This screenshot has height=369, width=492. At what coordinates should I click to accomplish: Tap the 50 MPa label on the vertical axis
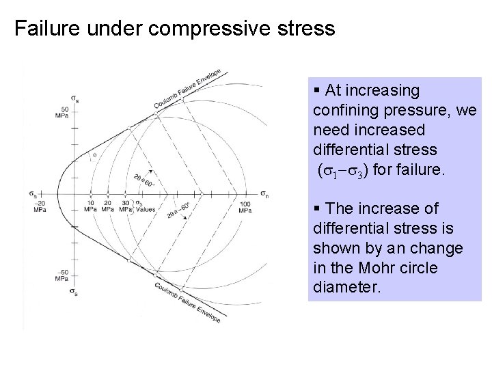coord(64,113)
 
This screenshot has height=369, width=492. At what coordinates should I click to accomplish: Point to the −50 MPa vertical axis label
coord(62,276)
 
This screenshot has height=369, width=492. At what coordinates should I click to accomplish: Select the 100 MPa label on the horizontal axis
coord(245,207)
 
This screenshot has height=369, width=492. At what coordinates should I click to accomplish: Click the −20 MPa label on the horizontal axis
coord(40,207)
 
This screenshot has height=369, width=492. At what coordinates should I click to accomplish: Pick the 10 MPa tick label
coord(90,207)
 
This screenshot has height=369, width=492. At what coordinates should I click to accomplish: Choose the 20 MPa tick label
coord(107,207)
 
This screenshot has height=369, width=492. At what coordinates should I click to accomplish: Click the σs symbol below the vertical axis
coord(73,292)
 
